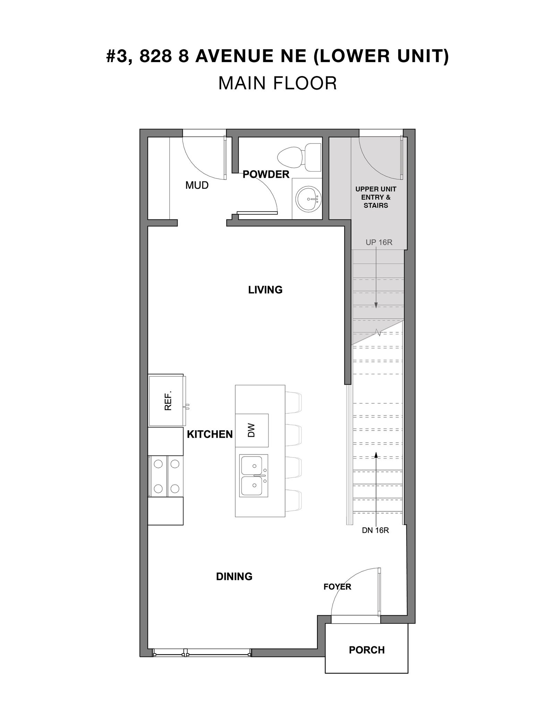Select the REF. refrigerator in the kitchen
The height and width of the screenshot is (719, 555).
167,400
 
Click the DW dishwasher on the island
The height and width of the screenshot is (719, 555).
252,430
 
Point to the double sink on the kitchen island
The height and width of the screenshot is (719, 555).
254,475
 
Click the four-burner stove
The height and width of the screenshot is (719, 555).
166,476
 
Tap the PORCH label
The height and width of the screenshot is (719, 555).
367,650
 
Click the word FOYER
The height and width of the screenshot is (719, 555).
337,587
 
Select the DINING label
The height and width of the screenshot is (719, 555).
234,576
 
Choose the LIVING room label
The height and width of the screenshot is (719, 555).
265,290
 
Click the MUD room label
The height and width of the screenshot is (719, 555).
197,185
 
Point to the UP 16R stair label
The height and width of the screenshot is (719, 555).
379,242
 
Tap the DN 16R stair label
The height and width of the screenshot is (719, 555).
375,530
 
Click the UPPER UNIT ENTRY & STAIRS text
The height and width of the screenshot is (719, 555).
376,197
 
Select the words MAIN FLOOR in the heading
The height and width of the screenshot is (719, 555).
277,83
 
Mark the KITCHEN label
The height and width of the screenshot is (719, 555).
210,434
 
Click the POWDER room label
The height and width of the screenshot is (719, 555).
266,174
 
